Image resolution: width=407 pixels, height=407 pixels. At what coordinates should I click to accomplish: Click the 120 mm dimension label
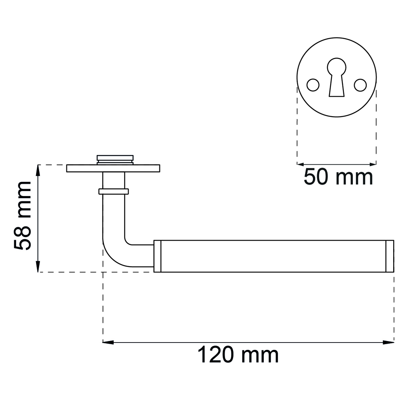tap(238, 355)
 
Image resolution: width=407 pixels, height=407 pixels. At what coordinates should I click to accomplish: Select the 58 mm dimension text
tap(22, 216)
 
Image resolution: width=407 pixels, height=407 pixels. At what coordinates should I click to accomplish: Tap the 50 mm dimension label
tap(338, 177)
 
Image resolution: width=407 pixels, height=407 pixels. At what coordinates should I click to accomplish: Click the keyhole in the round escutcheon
tap(337, 77)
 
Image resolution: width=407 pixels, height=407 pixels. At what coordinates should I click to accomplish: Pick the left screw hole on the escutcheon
tap(313, 85)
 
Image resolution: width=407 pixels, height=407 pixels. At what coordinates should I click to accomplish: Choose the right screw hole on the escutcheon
tap(360, 85)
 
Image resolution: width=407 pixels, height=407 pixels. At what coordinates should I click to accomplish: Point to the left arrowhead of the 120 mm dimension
tap(108, 343)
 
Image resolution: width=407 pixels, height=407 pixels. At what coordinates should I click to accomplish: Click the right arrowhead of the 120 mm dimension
tap(389, 343)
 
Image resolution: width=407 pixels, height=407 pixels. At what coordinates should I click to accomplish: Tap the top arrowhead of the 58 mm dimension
tap(38, 170)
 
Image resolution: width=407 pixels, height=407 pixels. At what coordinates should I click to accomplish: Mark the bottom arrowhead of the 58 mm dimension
tap(38, 266)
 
